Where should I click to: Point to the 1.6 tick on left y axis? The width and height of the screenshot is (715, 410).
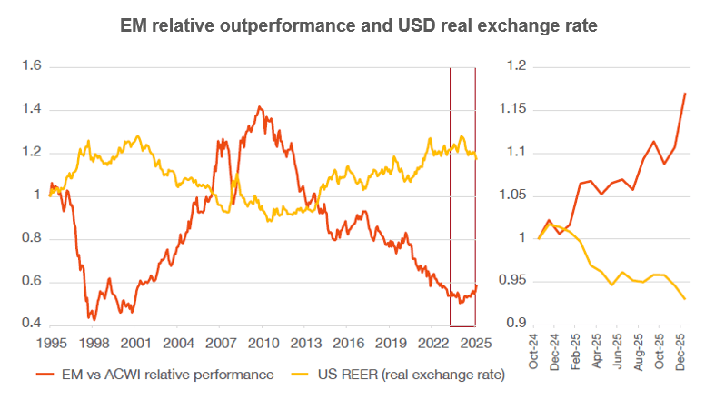coord(33,66)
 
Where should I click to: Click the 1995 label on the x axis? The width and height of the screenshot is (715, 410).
coord(50,345)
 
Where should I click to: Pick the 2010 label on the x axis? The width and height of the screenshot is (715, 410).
coord(263,345)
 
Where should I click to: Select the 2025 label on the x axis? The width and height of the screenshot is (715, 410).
coord(476,345)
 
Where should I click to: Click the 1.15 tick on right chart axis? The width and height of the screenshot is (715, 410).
coord(515,110)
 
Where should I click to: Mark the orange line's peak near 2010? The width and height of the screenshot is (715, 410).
coord(260,106)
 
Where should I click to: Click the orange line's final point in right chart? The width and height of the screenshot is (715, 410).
coord(685,94)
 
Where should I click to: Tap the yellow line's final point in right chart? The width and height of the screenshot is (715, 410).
coord(685,299)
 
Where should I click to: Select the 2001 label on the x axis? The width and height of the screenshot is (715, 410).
coord(135,345)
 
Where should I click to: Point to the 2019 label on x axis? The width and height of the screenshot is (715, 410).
coord(391,345)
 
